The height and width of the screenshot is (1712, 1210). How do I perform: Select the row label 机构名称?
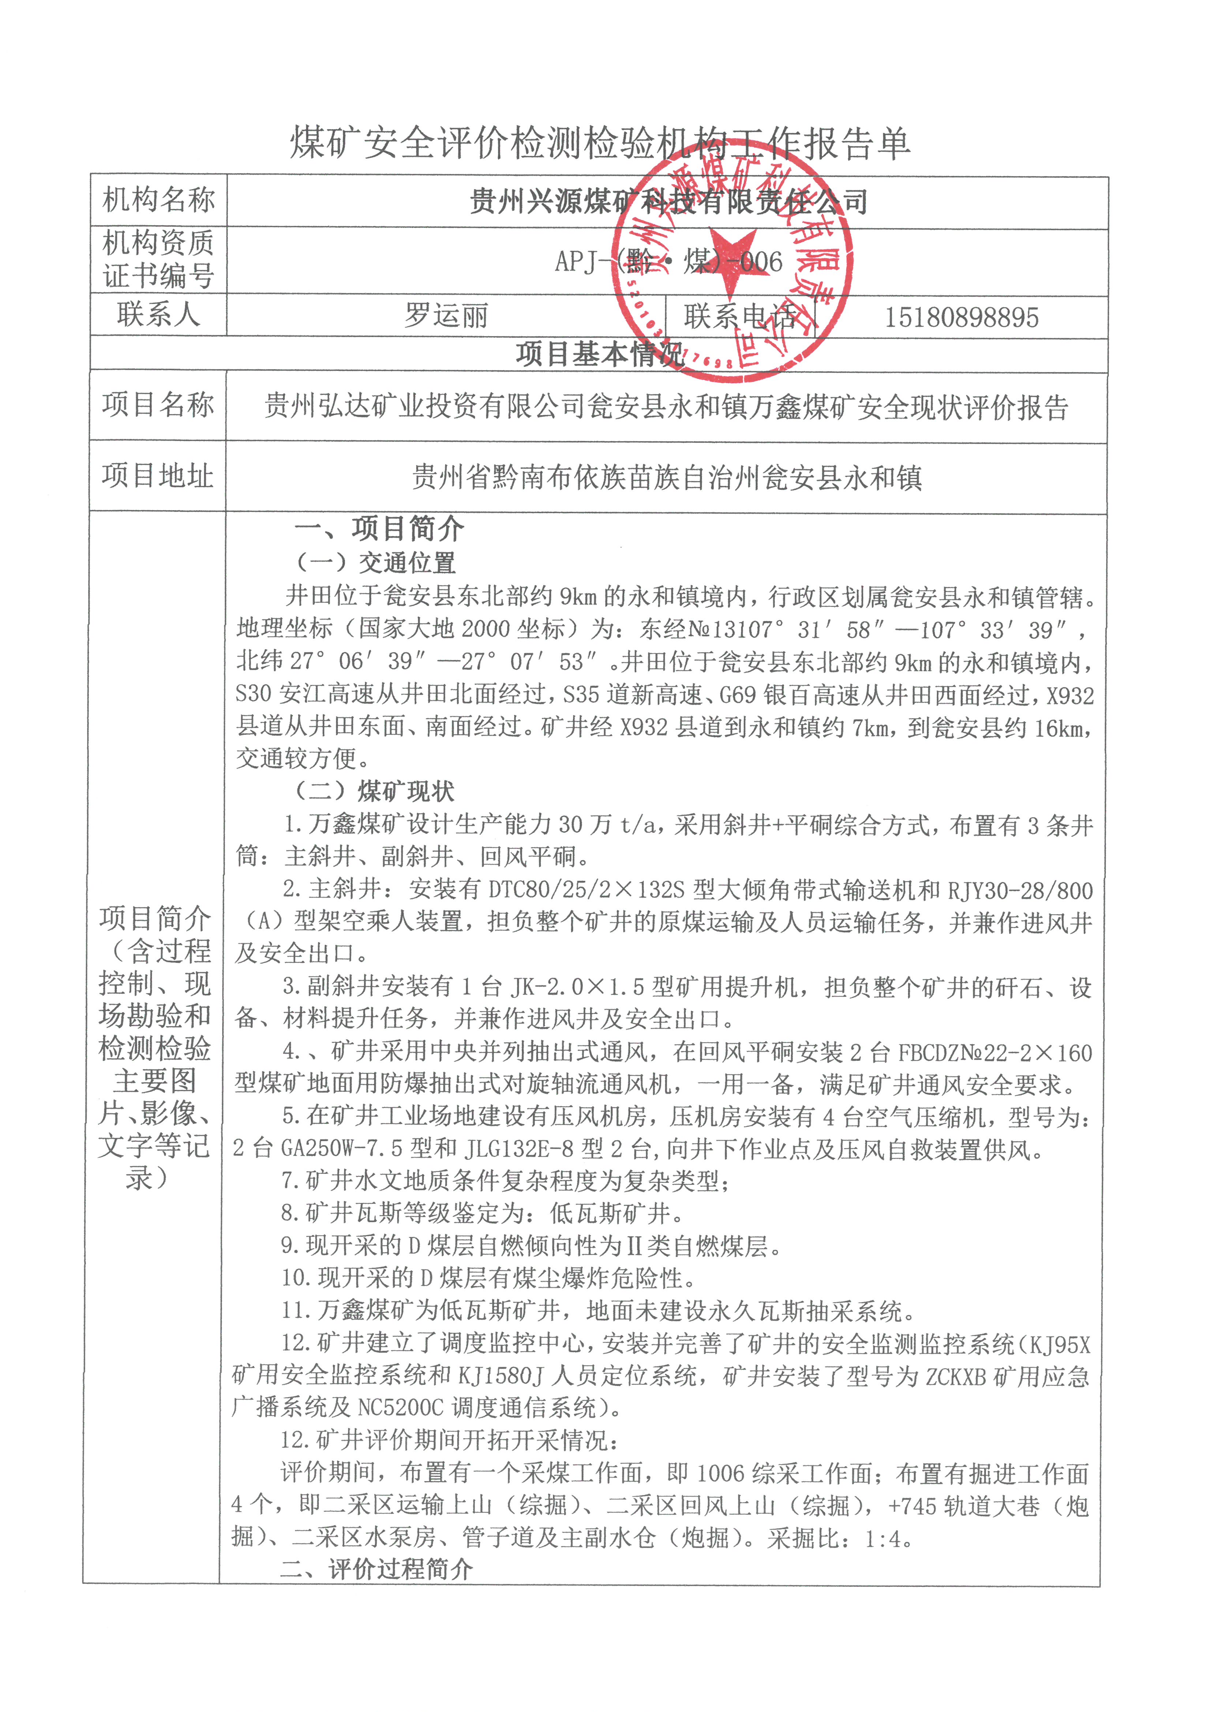click(x=158, y=200)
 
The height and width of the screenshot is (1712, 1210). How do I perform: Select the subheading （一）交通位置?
click(x=375, y=562)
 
